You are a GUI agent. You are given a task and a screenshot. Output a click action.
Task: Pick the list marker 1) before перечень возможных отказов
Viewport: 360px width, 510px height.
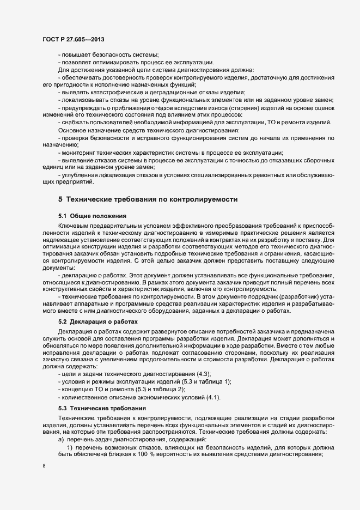point(70,446)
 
